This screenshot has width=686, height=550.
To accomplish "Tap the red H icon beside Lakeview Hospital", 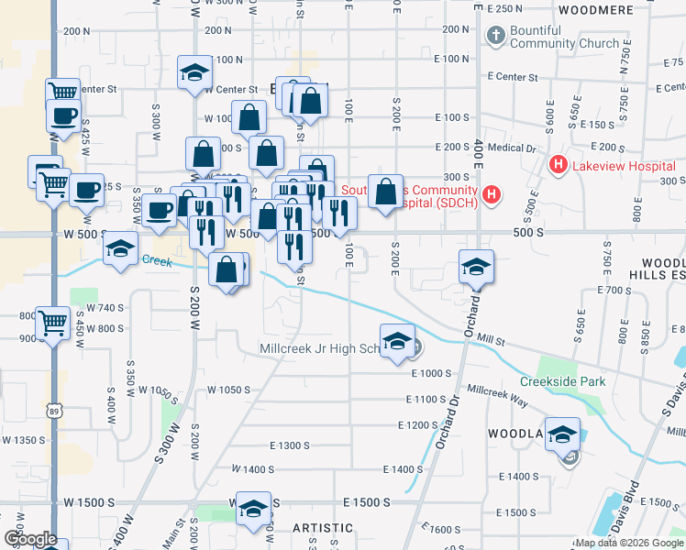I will tap(557, 166).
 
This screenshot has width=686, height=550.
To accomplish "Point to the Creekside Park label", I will tap(562, 381).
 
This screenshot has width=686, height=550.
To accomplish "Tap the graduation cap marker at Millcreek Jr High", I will tap(397, 341).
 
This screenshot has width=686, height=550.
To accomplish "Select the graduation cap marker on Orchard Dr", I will tap(476, 267).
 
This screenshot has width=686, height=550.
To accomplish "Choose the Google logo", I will tap(29, 539).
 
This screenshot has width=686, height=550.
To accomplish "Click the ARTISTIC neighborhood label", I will tap(323, 528).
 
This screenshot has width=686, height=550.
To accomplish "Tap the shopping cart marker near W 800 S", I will tap(53, 322).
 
